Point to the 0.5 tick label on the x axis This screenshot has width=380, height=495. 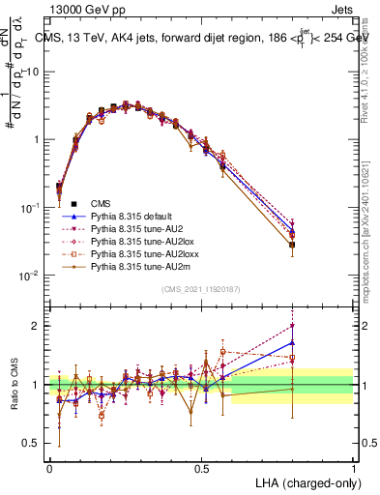[x=201, y=467]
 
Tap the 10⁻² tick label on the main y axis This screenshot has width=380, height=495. [x=30, y=276]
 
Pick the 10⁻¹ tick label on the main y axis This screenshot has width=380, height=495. [x=30, y=208]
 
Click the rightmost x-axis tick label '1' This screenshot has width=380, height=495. [x=354, y=467]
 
